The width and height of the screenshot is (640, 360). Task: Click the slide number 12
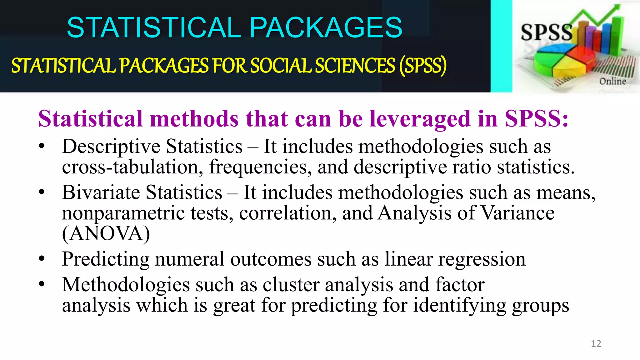(x=596, y=344)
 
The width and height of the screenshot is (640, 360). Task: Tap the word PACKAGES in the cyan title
(x=326, y=27)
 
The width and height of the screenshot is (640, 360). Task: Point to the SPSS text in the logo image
(x=546, y=32)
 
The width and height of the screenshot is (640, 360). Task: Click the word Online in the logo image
(x=612, y=81)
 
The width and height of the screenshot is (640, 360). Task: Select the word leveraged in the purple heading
(x=420, y=119)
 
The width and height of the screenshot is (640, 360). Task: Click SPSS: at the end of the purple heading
(x=536, y=119)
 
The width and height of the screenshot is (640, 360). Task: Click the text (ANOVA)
(x=106, y=234)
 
